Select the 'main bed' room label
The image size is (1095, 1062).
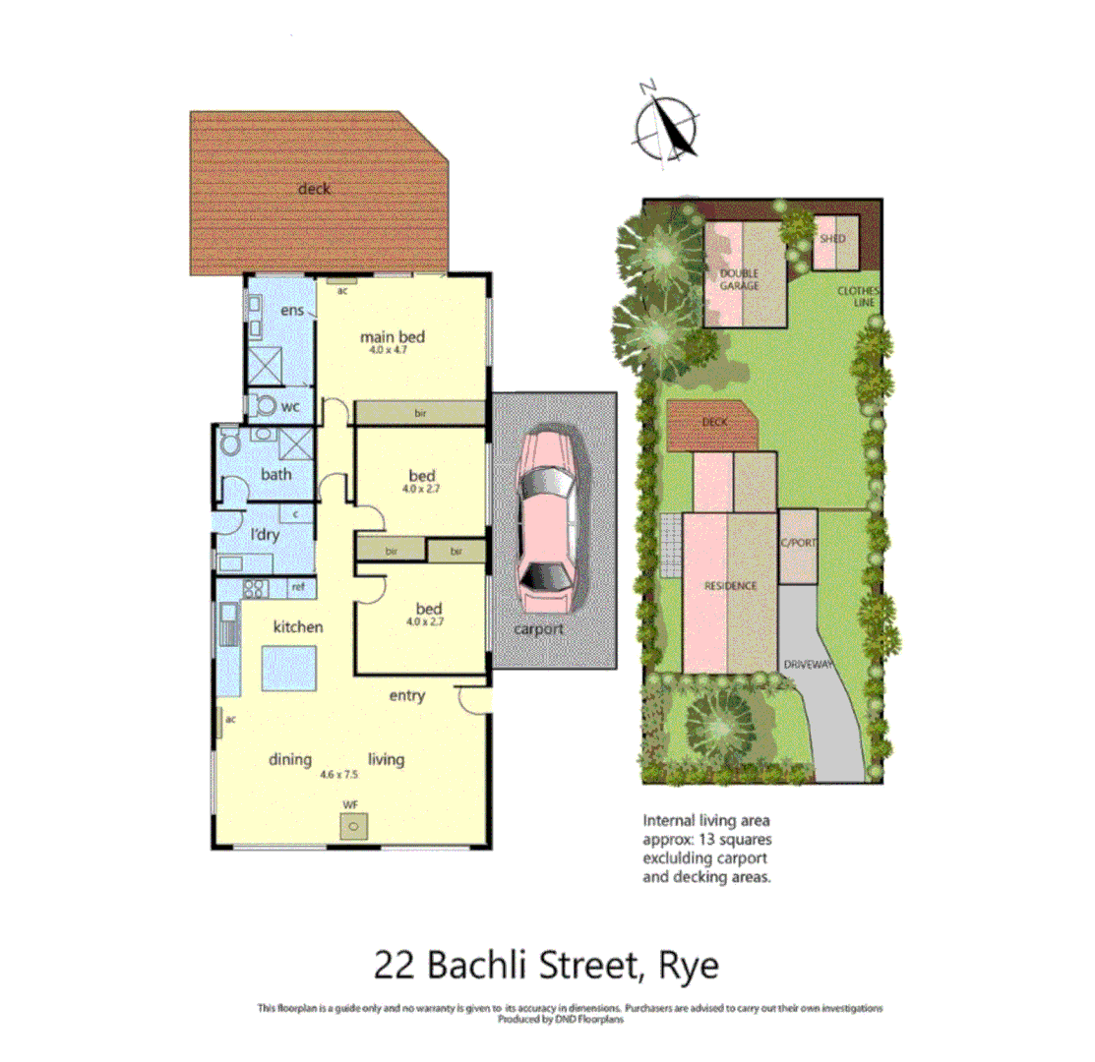(x=396, y=336)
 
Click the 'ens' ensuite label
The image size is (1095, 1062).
(x=291, y=311)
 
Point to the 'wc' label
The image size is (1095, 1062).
(x=291, y=405)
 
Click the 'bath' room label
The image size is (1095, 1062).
(x=276, y=474)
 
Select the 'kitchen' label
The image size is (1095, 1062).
(x=298, y=626)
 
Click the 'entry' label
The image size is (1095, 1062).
(x=406, y=696)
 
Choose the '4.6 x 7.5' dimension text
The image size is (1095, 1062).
(x=337, y=775)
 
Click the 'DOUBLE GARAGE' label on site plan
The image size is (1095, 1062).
(x=739, y=278)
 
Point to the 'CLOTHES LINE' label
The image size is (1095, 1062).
(x=857, y=297)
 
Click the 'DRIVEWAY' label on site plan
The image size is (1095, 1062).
(x=809, y=665)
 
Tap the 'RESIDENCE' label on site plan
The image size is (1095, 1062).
(x=730, y=586)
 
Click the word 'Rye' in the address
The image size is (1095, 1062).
(x=689, y=965)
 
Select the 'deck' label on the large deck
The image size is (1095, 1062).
(x=315, y=189)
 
